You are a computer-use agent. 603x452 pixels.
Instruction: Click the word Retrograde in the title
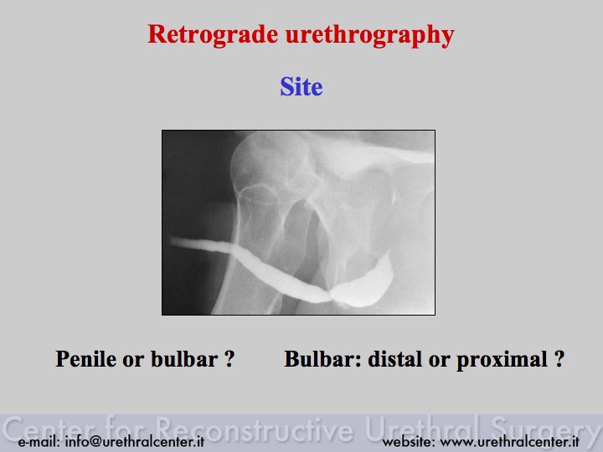click(x=213, y=34)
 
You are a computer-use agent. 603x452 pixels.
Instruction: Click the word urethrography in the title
click(x=370, y=35)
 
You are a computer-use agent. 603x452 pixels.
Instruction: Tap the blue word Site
click(x=301, y=86)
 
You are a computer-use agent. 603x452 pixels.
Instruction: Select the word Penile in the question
click(x=86, y=358)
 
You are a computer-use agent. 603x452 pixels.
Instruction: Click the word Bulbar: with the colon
click(x=322, y=358)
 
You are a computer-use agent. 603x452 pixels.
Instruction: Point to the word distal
click(x=395, y=358)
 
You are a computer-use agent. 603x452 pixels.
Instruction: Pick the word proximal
click(x=502, y=360)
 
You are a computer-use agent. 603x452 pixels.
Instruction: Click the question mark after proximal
click(x=559, y=358)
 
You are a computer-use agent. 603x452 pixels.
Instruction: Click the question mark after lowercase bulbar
click(x=229, y=358)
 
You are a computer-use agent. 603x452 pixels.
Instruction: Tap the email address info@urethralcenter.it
click(x=135, y=441)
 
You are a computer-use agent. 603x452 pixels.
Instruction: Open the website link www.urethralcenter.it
click(x=509, y=441)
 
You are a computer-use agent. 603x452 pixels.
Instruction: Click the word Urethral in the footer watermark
click(x=422, y=429)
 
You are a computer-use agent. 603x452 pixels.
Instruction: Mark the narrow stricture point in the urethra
click(x=330, y=296)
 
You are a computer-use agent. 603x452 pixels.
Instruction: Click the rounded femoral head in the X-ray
click(x=272, y=166)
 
